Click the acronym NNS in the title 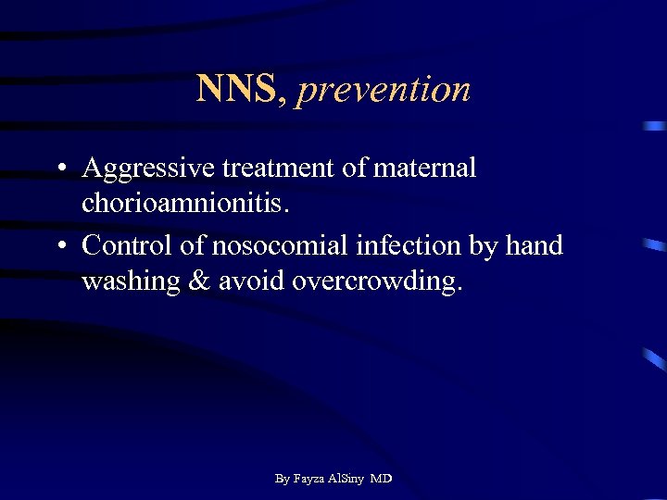pos(235,89)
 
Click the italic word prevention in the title pos(384,90)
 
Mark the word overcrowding pos(375,281)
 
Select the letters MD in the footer pos(381,479)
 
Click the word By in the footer pos(283,479)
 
